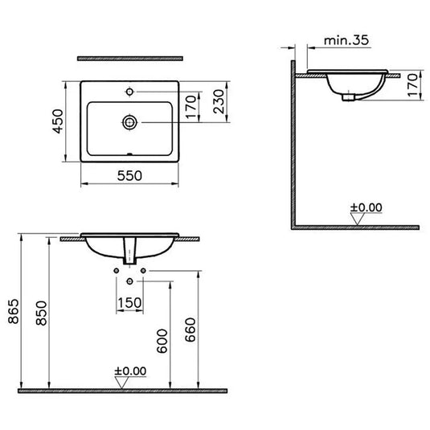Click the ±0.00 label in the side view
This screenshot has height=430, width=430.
[x=366, y=207]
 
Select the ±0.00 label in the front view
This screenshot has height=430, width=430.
[x=129, y=371]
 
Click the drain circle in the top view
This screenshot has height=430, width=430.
[x=129, y=122]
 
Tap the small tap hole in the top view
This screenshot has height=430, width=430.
[x=129, y=92]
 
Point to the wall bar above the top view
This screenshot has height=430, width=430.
[x=129, y=59]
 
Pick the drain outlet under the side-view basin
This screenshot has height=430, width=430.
[x=346, y=97]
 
